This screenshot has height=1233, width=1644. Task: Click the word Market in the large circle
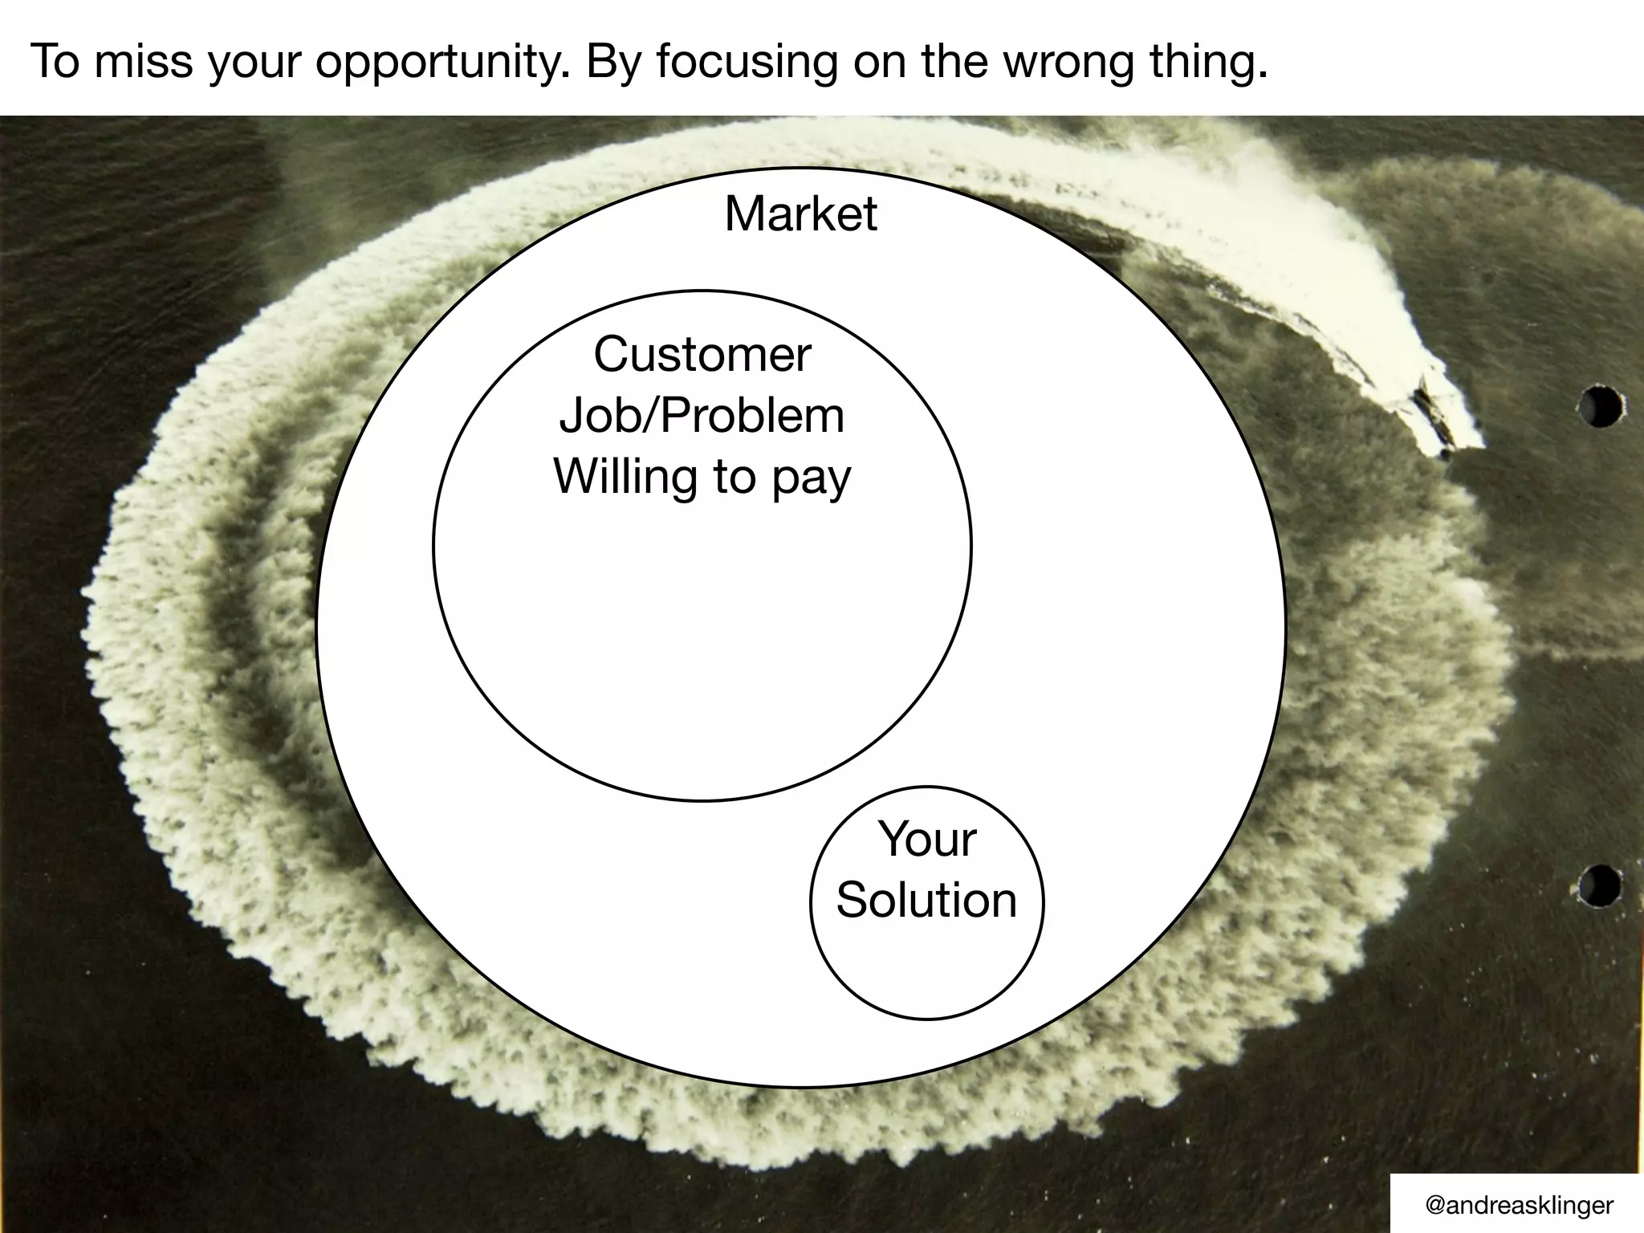pos(800,214)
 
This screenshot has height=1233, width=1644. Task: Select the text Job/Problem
pos(702,416)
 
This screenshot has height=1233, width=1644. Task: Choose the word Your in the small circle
pos(927,840)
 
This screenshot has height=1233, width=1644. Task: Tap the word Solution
pos(927,900)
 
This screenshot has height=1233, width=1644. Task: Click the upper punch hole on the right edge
pos(1601,407)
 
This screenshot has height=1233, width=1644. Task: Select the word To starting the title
pos(55,61)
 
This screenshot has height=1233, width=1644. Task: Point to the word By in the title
pos(613,63)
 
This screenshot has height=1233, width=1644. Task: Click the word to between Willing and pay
pos(733,477)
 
